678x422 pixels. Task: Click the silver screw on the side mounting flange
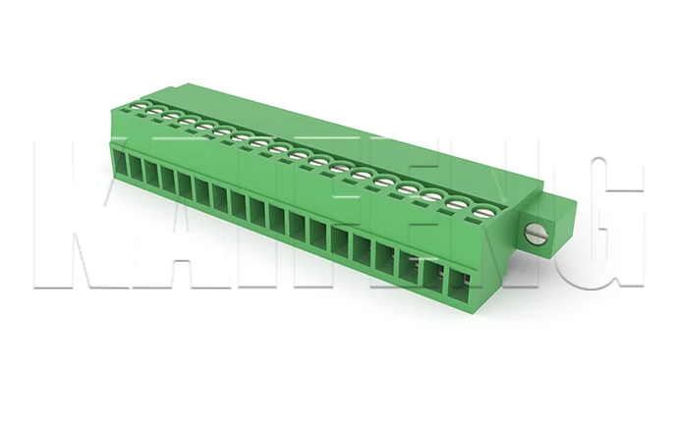click(x=536, y=234)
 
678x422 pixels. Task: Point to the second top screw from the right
click(x=457, y=202)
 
